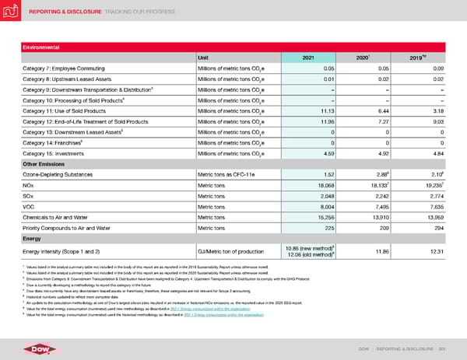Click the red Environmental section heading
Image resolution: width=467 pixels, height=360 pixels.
(x=43, y=45)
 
